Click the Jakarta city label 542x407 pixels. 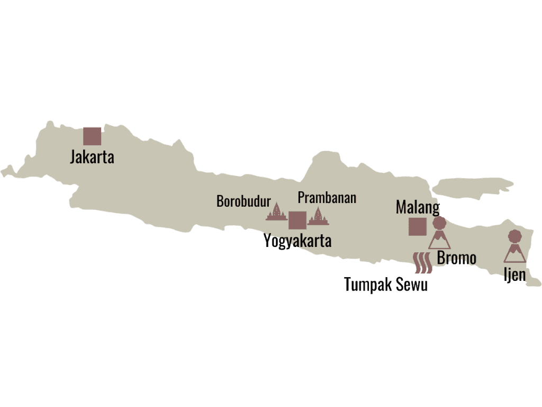pos(92,157)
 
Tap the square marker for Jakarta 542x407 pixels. pos(92,136)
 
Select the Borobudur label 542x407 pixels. pos(243,201)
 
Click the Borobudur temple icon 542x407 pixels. pos(276,212)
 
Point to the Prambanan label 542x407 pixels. pos(327,198)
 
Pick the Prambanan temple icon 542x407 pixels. pos(318,216)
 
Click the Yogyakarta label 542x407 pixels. pos(297,241)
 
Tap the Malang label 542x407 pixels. pos(418,207)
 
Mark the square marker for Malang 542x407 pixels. pos(417,226)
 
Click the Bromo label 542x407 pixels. pos(456,259)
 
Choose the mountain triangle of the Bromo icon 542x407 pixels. pos(439,241)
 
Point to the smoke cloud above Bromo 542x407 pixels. pos(439,223)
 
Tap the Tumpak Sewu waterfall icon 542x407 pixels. pos(423,263)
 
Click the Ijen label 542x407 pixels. pos(514,275)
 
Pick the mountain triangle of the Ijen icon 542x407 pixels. pos(514,254)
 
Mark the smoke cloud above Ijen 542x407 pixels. pos(514,236)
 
